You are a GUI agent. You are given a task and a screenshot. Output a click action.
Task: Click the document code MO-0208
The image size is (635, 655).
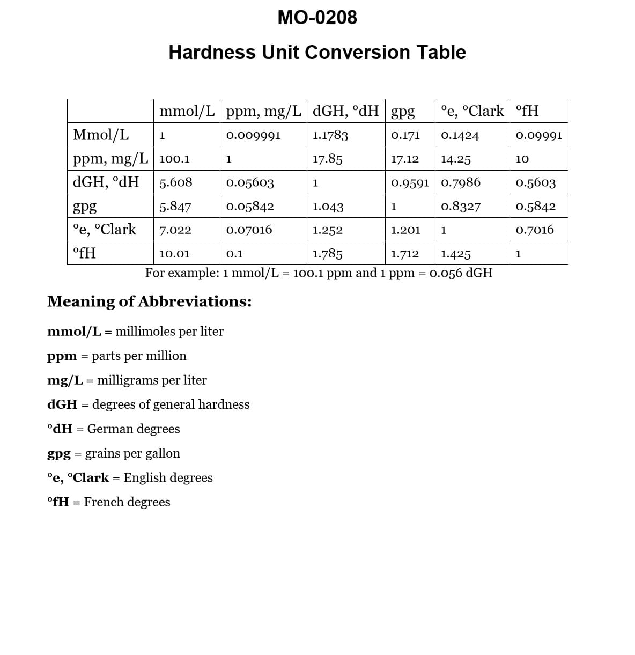point(317,18)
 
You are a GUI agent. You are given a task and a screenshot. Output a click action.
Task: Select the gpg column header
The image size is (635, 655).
point(403,112)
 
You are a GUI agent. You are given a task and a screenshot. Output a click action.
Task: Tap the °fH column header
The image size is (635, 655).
point(527,111)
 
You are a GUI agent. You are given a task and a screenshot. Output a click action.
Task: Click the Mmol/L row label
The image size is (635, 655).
point(101,135)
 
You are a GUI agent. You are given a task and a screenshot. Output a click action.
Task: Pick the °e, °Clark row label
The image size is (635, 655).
point(104,230)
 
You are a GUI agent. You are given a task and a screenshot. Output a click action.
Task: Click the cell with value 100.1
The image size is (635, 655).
point(174,159)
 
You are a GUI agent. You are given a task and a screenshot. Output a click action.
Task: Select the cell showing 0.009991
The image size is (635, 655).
point(253,135)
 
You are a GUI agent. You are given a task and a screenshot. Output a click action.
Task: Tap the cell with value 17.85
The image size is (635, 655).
point(327,159)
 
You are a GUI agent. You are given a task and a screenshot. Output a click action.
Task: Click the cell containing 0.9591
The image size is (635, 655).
point(410,182)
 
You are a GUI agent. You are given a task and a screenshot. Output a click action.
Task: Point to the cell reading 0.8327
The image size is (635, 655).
point(461,207)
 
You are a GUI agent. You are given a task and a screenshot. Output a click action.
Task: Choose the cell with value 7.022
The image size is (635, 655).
point(175,230)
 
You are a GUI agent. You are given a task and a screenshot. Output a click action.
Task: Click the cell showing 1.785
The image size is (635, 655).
point(327,254)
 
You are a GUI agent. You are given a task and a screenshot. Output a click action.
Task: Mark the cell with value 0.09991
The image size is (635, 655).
point(538,135)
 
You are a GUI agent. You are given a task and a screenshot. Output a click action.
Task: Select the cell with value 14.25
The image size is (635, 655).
point(456,159)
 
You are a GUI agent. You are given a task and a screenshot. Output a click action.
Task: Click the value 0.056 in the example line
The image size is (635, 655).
point(446,273)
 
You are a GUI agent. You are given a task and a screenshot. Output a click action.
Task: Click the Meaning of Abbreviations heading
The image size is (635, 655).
point(149,301)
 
